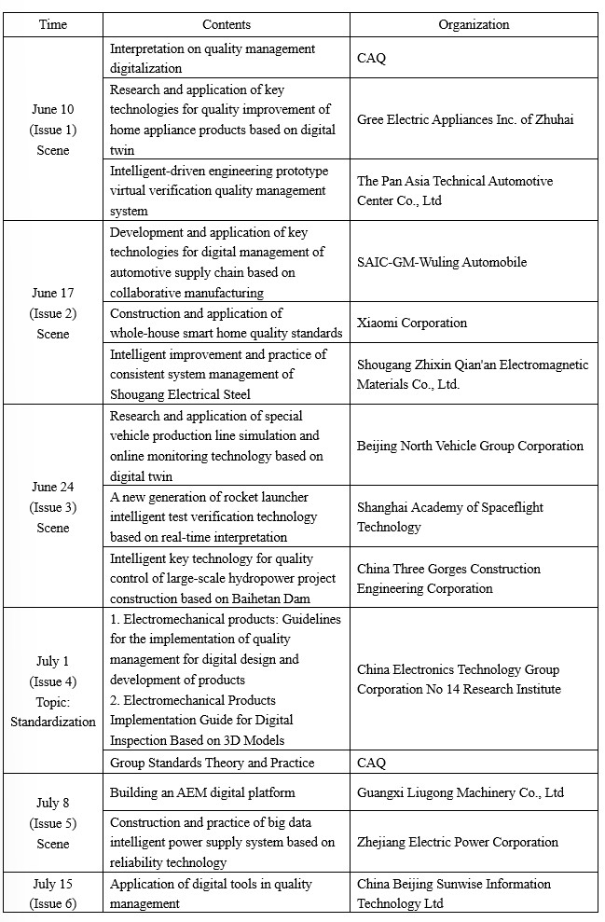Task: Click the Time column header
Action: click(x=53, y=24)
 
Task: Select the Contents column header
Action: click(x=227, y=24)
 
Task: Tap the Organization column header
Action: click(x=474, y=24)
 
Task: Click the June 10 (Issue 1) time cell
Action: click(x=53, y=130)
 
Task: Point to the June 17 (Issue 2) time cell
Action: click(x=53, y=313)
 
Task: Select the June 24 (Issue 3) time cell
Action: click(x=53, y=507)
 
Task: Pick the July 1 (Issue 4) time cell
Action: click(x=53, y=691)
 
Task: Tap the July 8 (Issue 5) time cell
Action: click(x=53, y=823)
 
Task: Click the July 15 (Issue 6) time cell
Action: click(x=53, y=893)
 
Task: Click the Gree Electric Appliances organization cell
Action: click(x=465, y=119)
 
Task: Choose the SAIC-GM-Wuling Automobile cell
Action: click(x=441, y=262)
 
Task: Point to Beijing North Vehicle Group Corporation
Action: click(x=470, y=446)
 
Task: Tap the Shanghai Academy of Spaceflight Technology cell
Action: click(x=450, y=517)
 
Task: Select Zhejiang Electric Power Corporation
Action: click(x=458, y=842)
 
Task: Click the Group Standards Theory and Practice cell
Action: click(x=212, y=763)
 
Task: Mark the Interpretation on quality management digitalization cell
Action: click(x=213, y=58)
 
